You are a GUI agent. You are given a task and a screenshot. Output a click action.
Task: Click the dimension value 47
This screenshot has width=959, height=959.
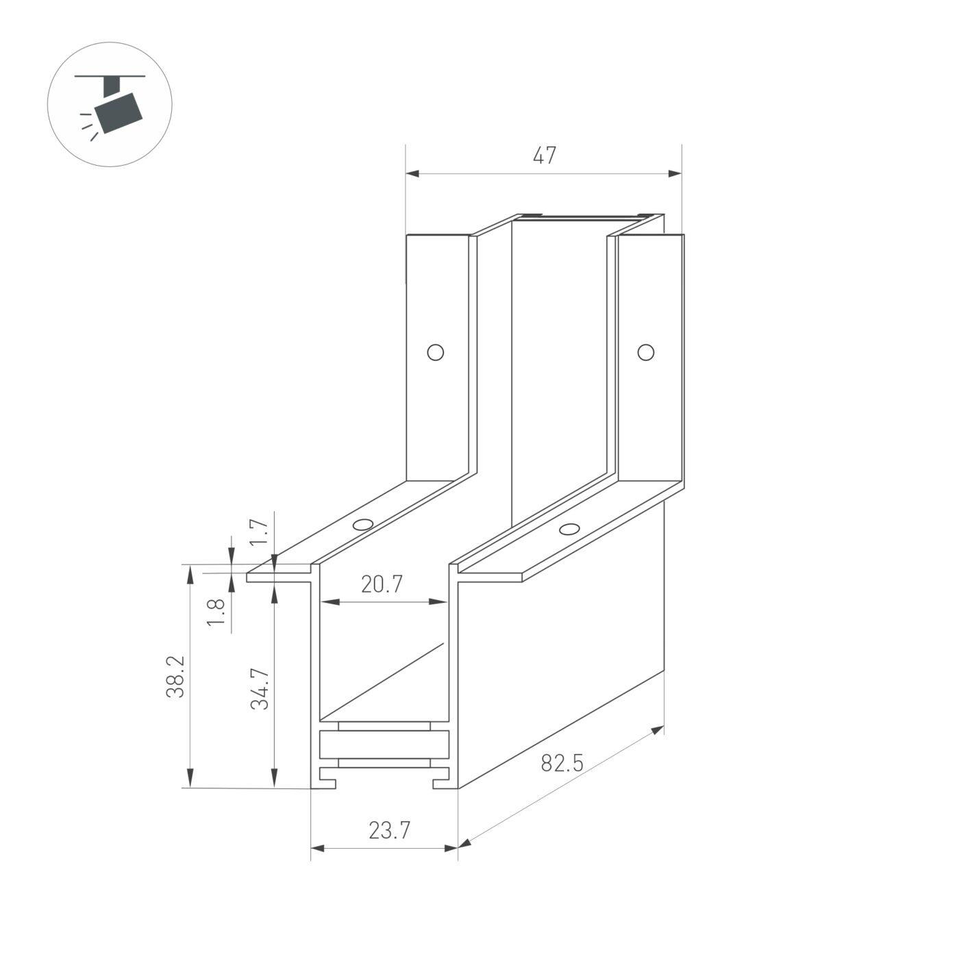545,156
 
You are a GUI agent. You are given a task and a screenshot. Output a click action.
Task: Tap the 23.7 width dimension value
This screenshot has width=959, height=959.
389,831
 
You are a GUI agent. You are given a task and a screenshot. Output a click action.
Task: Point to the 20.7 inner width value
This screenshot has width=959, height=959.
382,584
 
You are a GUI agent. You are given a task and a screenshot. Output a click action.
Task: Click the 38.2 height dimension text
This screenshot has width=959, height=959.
176,676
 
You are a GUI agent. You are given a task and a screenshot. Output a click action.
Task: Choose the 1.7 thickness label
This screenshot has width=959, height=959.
258,532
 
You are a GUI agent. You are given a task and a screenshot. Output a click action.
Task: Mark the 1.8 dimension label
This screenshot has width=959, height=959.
216,612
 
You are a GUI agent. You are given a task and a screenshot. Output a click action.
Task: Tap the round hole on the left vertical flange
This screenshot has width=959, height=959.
435,353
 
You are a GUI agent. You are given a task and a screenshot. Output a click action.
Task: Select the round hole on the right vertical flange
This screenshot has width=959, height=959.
645,352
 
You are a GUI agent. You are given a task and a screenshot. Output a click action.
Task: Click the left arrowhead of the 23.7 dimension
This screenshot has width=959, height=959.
317,848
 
